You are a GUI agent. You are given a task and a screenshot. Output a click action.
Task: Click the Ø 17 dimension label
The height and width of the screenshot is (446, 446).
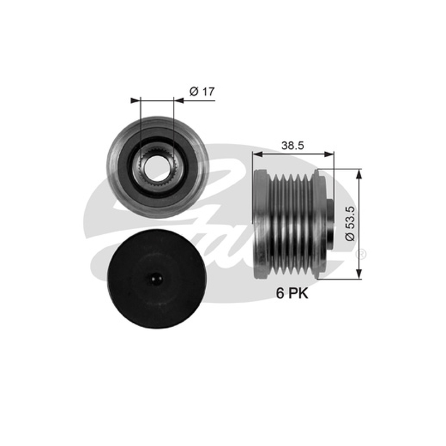(202, 91)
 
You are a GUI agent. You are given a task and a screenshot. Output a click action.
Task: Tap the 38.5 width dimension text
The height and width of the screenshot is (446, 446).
(293, 146)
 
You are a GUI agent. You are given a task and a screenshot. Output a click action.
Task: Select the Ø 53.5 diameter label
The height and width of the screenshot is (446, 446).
(351, 224)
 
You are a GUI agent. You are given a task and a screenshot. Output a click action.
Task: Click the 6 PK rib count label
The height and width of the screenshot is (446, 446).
(292, 293)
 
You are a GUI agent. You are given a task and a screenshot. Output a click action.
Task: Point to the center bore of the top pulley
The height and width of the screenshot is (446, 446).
(157, 167)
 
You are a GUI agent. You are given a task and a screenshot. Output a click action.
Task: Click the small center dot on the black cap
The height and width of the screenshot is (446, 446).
(156, 279)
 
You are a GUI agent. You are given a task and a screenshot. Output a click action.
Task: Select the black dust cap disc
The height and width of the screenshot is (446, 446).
(156, 279)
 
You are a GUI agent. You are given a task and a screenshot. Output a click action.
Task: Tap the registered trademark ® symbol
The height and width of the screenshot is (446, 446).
(361, 254)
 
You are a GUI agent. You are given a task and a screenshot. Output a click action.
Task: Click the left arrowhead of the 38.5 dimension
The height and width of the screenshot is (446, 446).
(257, 154)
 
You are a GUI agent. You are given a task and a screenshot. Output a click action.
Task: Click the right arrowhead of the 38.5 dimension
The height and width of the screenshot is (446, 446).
(329, 154)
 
